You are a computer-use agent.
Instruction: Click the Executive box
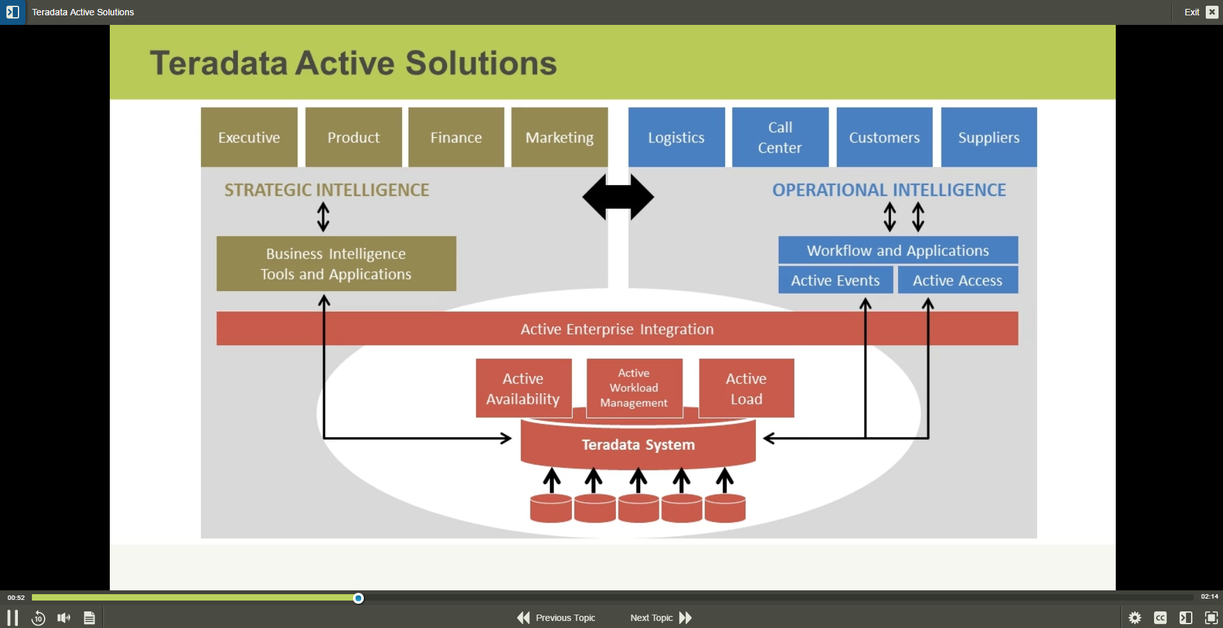point(249,137)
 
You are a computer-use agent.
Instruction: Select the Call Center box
point(780,137)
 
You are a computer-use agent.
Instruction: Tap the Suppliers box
point(989,137)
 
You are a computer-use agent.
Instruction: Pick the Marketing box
point(559,137)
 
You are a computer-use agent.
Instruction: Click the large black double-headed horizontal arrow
point(618,197)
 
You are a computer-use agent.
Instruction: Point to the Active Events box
point(835,280)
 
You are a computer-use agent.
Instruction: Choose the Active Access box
point(957,280)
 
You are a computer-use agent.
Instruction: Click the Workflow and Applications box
point(897,250)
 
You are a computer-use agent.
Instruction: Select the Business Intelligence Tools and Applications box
point(336,264)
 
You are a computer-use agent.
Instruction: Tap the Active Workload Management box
point(634,388)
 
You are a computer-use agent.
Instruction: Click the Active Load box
point(746,388)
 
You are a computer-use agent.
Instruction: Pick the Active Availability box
point(523,388)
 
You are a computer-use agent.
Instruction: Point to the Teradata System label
point(638,445)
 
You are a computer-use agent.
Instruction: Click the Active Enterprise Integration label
point(617,329)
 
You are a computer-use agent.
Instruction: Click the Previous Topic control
point(557,618)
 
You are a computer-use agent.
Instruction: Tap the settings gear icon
point(1135,618)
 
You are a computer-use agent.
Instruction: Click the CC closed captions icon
point(1160,618)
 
